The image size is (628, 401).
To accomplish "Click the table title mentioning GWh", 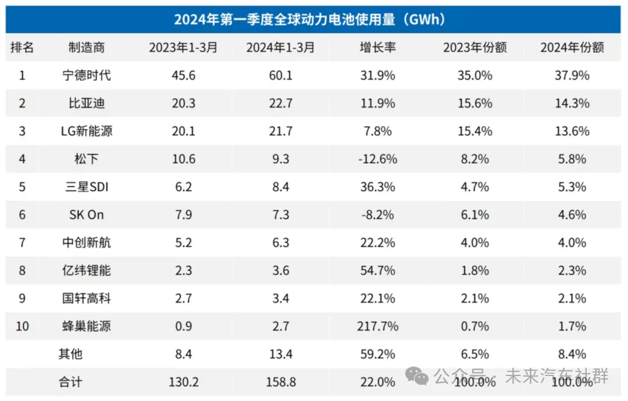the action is click(309, 19).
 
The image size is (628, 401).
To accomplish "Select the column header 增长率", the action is click(378, 47).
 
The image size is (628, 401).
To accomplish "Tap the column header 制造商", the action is click(87, 47).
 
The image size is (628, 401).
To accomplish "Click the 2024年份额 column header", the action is click(572, 47).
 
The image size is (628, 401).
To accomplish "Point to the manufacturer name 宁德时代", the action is click(87, 75).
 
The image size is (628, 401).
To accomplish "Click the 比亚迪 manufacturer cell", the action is click(87, 103).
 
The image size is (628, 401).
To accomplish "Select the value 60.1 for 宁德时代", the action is click(280, 75).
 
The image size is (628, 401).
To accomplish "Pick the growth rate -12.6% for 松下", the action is click(378, 159).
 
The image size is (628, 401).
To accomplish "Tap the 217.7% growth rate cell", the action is click(378, 326).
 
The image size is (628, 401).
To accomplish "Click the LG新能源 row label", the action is click(87, 131).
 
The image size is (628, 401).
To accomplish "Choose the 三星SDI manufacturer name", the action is click(87, 187).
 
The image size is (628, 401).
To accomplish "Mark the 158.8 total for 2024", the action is click(281, 382).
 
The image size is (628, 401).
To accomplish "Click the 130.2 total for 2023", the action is click(183, 382).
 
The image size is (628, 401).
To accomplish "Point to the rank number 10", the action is click(22, 326).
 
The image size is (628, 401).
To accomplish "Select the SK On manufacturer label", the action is click(87, 214).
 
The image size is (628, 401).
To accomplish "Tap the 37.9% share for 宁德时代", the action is click(572, 75).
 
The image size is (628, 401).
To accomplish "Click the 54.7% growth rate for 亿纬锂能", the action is click(378, 271).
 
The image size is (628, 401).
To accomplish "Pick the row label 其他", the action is click(70, 354).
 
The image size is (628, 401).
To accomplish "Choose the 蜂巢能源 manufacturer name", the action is click(87, 326).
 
